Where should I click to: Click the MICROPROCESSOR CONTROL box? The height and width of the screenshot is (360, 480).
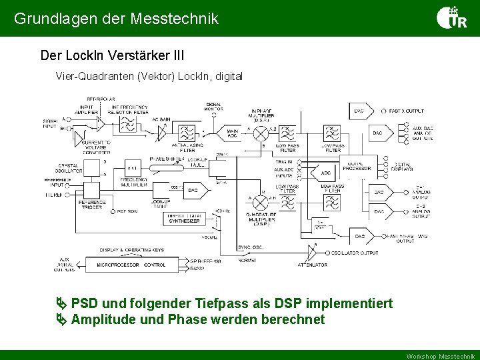click(x=131, y=265)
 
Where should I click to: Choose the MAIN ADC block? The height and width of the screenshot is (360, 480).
click(x=232, y=133)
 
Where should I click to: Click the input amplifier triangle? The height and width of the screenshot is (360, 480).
click(x=99, y=123)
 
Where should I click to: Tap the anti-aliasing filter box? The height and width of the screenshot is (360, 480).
click(x=188, y=133)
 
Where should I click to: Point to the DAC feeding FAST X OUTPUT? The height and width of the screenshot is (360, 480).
click(x=359, y=111)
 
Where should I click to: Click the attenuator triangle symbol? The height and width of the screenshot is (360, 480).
click(x=311, y=253)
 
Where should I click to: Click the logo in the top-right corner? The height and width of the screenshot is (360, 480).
click(x=451, y=18)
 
